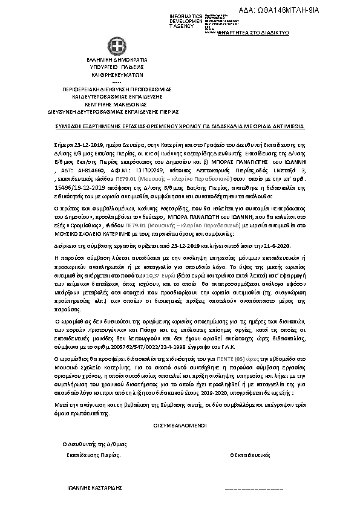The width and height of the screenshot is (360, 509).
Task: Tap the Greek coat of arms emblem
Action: [x=117, y=47]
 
